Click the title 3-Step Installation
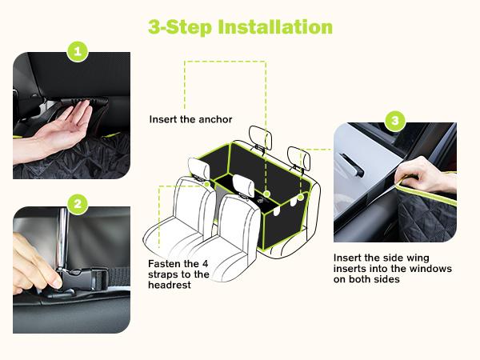click(240, 26)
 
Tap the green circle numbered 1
click(78, 52)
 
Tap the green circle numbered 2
click(78, 204)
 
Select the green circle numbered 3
click(394, 122)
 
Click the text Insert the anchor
click(190, 119)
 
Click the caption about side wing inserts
click(392, 269)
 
